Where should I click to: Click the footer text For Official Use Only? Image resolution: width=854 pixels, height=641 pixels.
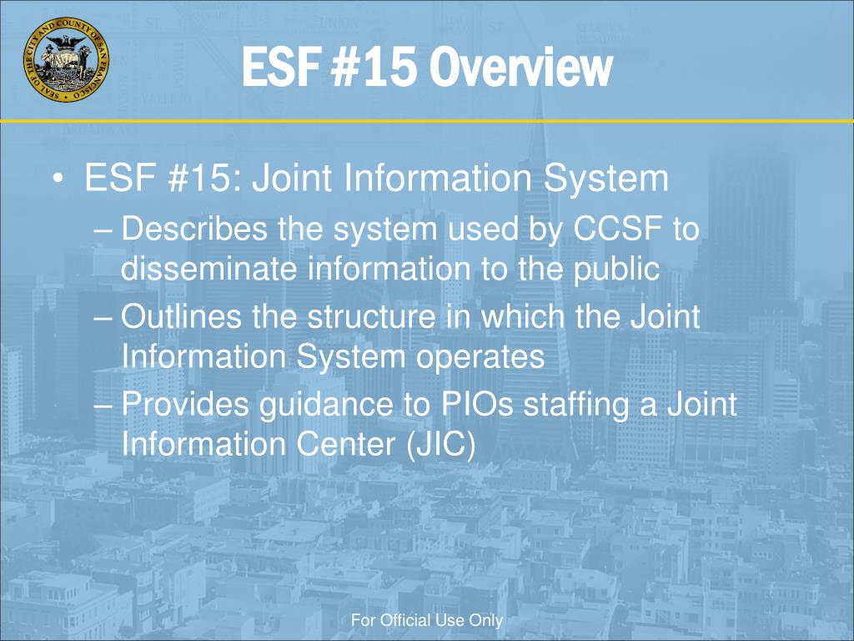pyautogui.click(x=427, y=620)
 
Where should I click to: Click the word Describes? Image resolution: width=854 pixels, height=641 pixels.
pyautogui.click(x=195, y=229)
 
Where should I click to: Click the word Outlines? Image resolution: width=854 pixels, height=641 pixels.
pyautogui.click(x=178, y=317)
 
